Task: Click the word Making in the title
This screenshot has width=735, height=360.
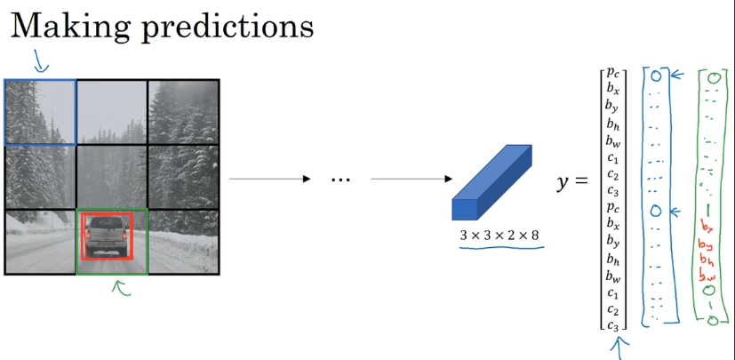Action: (x=66, y=26)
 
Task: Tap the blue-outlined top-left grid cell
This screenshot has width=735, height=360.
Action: (x=40, y=111)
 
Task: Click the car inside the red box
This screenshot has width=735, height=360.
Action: (x=106, y=236)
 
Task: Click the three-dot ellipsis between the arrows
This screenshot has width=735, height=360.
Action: (x=340, y=180)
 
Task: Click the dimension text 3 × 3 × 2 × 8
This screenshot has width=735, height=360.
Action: (x=499, y=236)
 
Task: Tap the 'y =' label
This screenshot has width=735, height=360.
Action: (x=572, y=182)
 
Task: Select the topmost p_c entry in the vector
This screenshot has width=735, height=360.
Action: (x=613, y=74)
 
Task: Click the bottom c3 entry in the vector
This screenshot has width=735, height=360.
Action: (x=613, y=325)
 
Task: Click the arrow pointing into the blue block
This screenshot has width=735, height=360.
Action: (x=409, y=180)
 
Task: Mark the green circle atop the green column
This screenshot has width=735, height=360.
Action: (x=713, y=78)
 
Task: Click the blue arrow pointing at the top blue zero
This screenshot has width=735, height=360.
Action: (x=676, y=76)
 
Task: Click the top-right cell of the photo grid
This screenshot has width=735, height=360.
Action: (x=183, y=111)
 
